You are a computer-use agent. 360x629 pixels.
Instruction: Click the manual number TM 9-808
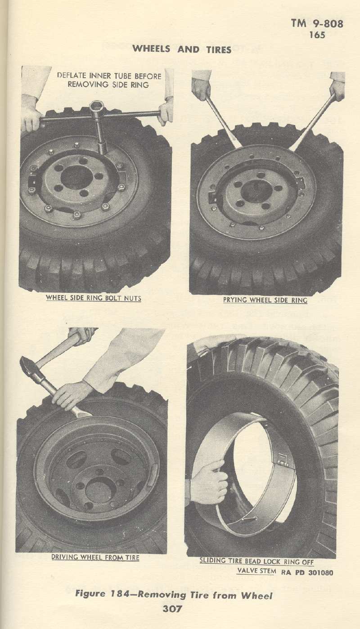pyautogui.click(x=317, y=23)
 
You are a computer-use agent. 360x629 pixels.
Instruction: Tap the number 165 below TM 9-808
pyautogui.click(x=317, y=35)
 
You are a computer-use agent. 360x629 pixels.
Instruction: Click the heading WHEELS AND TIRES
pyautogui.click(x=182, y=49)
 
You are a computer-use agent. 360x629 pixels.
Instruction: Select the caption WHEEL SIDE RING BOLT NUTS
pyautogui.click(x=93, y=298)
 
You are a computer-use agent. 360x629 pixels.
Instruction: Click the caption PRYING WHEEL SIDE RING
pyautogui.click(x=265, y=300)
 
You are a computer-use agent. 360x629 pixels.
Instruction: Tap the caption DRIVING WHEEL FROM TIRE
pyautogui.click(x=95, y=557)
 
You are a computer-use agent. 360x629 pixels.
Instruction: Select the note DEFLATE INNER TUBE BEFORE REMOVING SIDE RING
pyautogui.click(x=109, y=80)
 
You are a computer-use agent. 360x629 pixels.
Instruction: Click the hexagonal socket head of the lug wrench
pyautogui.click(x=97, y=108)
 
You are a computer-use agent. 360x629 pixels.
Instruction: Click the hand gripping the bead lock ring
pyautogui.click(x=209, y=482)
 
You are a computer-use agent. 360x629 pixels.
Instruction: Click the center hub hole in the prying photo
pyautogui.click(x=255, y=191)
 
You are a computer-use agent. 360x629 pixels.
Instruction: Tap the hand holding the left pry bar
pyautogui.click(x=201, y=88)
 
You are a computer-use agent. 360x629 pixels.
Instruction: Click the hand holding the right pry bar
pyautogui.click(x=337, y=90)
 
